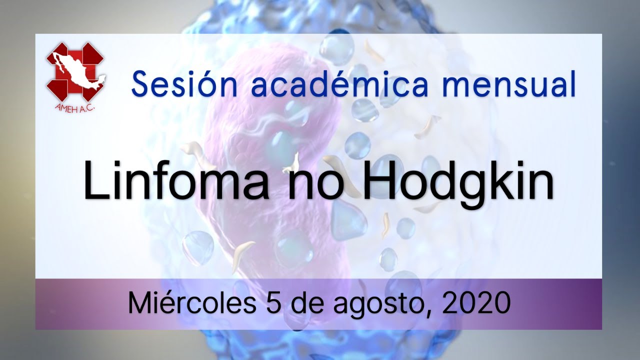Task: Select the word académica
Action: pyautogui.click(x=339, y=83)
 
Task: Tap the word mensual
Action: pyautogui.click(x=508, y=84)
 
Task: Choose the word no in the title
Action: pyautogui.click(x=315, y=185)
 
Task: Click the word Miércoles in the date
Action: pyautogui.click(x=192, y=302)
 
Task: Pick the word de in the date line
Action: pyautogui.click(x=307, y=302)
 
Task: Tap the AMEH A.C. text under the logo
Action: pyautogui.click(x=74, y=107)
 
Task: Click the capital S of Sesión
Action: pyautogui.click(x=140, y=84)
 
